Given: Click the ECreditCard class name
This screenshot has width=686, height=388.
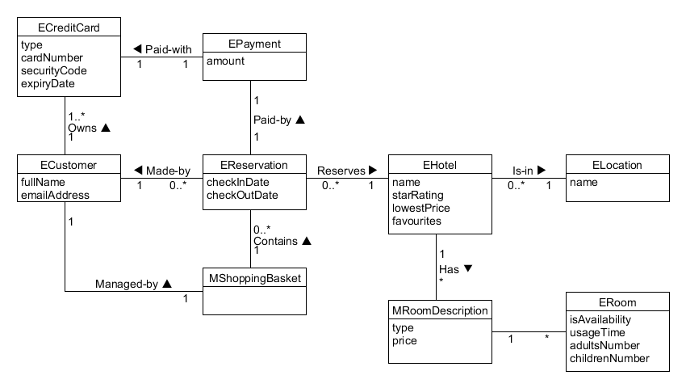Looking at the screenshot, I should click(69, 28).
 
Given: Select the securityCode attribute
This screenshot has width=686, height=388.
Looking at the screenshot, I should click(54, 70).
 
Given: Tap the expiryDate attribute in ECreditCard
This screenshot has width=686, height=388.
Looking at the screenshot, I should click(48, 83).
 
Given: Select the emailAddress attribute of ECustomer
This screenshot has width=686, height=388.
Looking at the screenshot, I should click(55, 195).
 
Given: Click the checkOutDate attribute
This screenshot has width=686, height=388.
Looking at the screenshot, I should click(242, 195).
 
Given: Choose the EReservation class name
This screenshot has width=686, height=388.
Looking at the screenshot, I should click(254, 165).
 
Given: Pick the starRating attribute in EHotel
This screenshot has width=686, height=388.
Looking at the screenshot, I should click(417, 195).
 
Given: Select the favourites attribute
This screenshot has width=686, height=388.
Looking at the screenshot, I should click(416, 220).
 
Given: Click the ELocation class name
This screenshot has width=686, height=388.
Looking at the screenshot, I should click(617, 165).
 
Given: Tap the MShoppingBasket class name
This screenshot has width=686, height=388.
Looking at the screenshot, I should click(254, 278).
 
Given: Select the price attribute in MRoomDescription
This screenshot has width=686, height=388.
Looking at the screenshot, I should click(404, 341).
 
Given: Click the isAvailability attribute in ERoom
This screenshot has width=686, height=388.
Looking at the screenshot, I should click(600, 319).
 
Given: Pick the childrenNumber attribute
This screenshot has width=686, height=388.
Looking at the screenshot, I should click(609, 358).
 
